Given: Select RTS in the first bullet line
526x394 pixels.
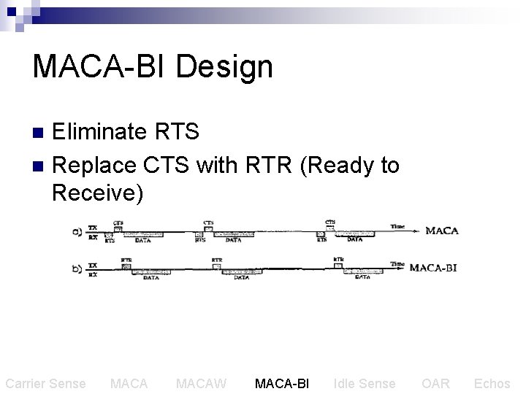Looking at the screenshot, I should (x=178, y=131).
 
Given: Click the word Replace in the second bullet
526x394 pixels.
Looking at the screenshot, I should (x=94, y=165).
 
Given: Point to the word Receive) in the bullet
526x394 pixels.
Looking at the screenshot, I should (x=98, y=194).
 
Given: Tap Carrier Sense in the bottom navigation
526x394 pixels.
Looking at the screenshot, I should (x=45, y=383).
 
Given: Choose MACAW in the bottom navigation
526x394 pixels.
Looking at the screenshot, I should (x=202, y=383).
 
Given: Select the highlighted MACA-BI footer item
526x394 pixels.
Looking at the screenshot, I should (x=282, y=383).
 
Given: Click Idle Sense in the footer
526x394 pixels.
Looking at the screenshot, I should (x=364, y=383).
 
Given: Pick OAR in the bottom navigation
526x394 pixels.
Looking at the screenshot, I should (x=435, y=383).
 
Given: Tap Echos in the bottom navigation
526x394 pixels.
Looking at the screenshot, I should (x=492, y=383).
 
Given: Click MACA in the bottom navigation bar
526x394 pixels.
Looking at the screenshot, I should (x=129, y=383).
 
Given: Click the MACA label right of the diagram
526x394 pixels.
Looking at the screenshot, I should (x=441, y=231).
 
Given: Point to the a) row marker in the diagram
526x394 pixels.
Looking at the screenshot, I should (x=75, y=231).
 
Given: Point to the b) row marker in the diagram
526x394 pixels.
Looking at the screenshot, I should (x=75, y=268).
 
